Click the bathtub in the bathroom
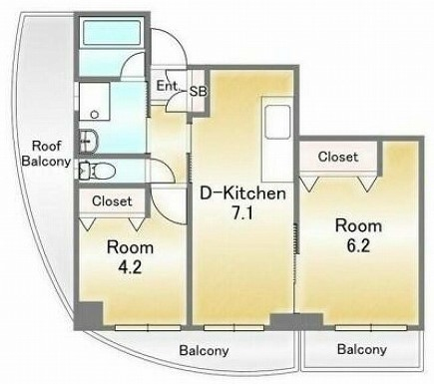coord(112,33)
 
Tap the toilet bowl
coord(99,172)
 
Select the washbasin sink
coord(89,141)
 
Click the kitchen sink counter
coord(277,139)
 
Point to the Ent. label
coord(168,86)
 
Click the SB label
coord(198,92)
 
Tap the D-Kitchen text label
coord(242,193)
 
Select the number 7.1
coord(242,213)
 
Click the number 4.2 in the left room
coord(130,267)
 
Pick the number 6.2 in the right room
coord(358,245)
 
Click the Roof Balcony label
coord(46,154)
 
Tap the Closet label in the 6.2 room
coord(338,157)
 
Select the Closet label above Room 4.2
coord(112,201)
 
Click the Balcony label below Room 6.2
coord(362,349)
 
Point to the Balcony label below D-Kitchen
coord(204,351)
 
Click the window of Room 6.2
coord(371,328)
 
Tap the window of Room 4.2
coord(148,328)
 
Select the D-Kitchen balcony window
coord(233,328)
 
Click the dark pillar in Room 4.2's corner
coord(89,314)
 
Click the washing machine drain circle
coord(94,114)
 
